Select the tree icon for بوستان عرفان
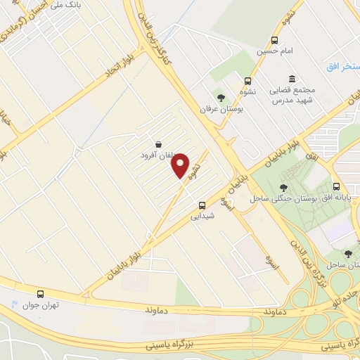tap(221, 97)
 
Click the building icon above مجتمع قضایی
tap(292, 79)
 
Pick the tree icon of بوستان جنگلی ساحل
tap(283, 187)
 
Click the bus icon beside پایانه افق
tap(337, 187)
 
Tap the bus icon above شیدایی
tap(202, 206)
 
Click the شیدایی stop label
tap(202, 217)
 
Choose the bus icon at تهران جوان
tap(39, 294)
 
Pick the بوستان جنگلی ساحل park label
tap(280, 198)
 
